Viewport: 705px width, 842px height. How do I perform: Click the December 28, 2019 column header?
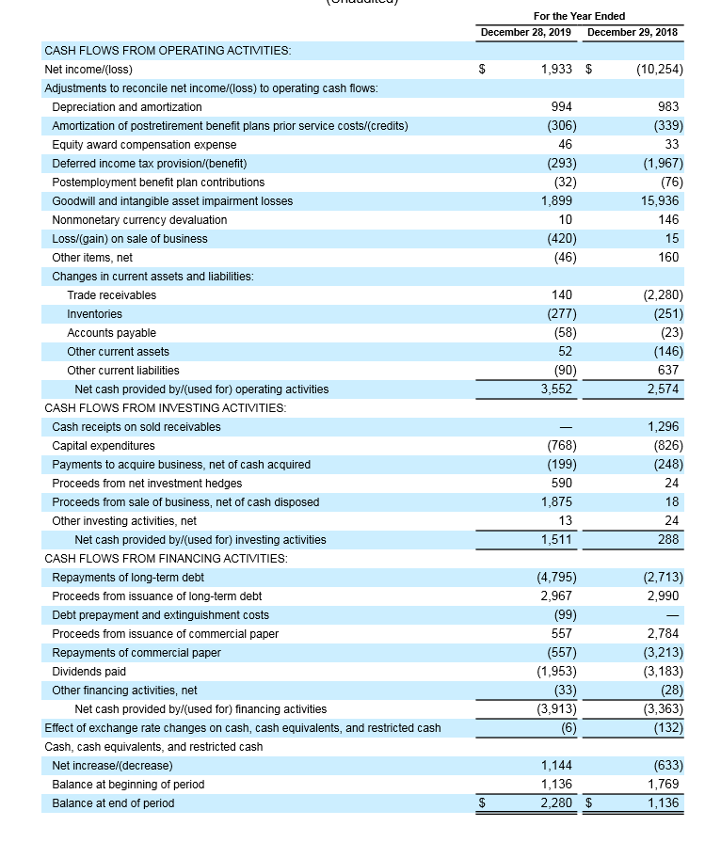point(526,32)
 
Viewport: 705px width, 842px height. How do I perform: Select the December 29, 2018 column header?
point(632,32)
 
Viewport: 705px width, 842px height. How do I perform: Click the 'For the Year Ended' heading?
point(579,16)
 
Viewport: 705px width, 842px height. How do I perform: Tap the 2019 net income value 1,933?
point(559,70)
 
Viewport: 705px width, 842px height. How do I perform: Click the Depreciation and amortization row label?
point(127,107)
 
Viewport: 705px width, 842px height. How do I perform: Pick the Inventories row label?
point(94,314)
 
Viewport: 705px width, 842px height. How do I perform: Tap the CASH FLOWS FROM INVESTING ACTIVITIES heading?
point(166,408)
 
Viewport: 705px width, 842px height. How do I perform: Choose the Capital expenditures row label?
point(104,446)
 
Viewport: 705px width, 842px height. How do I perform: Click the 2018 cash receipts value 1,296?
point(664,427)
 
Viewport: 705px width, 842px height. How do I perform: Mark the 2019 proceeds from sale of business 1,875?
point(557,502)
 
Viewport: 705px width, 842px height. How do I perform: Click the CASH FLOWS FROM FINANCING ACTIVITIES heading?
point(167,559)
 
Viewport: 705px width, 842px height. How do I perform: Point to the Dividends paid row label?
point(88,672)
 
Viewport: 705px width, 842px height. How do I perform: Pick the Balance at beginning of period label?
point(128,785)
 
